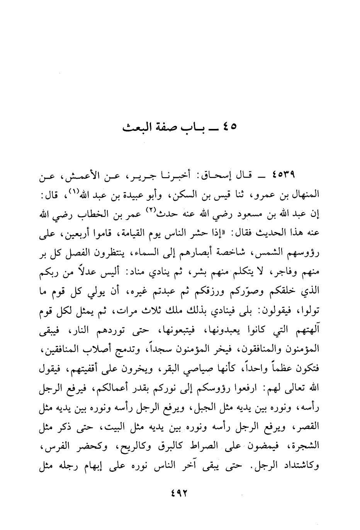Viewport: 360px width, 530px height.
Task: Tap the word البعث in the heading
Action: (136, 127)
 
